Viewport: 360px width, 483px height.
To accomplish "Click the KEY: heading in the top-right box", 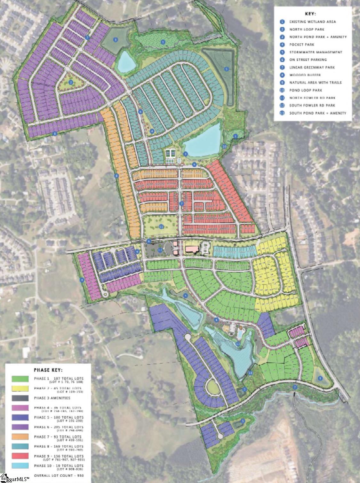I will click(311, 14).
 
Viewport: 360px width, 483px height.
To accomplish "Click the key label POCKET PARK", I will click(302, 45).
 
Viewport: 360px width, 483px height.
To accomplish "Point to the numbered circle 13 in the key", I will click(282, 113).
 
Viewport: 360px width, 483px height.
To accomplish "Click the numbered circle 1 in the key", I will click(282, 22).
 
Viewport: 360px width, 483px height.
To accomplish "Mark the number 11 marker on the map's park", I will click(161, 226).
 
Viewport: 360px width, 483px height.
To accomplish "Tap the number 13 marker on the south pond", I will click(237, 344).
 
